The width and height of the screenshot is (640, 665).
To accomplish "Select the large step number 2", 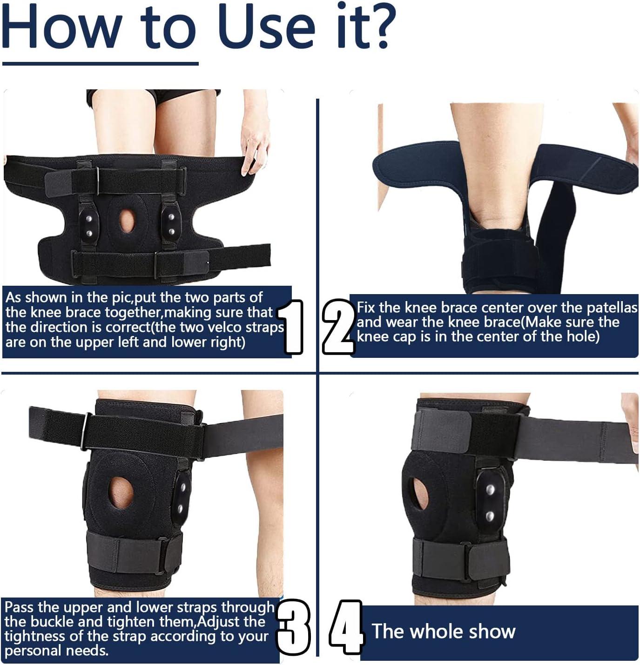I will pyautogui.click(x=338, y=327).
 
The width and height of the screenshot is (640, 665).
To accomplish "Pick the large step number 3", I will pyautogui.click(x=294, y=627).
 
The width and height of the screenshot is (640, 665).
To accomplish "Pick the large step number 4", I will pyautogui.click(x=346, y=627).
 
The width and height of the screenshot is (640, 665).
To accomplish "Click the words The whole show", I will pyautogui.click(x=443, y=631).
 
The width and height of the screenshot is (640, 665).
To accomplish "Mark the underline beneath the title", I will pyautogui.click(x=100, y=63).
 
